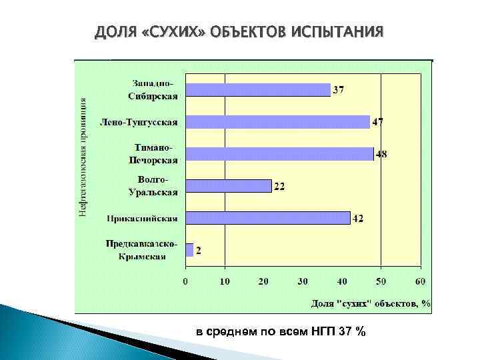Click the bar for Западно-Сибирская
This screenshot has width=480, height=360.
point(258,90)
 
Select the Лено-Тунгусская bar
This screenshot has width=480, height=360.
point(277,122)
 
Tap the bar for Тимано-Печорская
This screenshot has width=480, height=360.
point(279,154)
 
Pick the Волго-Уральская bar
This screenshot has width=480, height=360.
point(229,186)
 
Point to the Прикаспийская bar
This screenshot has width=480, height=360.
point(267,218)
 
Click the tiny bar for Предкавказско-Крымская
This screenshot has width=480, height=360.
point(189,250)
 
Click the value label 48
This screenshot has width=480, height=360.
point(381,155)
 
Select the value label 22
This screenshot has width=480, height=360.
point(279,187)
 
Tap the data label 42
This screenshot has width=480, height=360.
point(358,219)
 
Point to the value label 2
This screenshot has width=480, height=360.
point(199,251)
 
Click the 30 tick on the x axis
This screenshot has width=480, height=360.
point(303,281)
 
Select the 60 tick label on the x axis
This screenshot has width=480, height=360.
point(419,281)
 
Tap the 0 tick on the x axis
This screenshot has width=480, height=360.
point(185,281)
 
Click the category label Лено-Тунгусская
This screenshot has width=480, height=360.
point(139,123)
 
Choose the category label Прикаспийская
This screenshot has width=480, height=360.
point(142,218)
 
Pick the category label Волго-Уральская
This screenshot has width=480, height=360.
point(153,186)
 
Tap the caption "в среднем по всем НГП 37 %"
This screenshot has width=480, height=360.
point(281,332)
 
